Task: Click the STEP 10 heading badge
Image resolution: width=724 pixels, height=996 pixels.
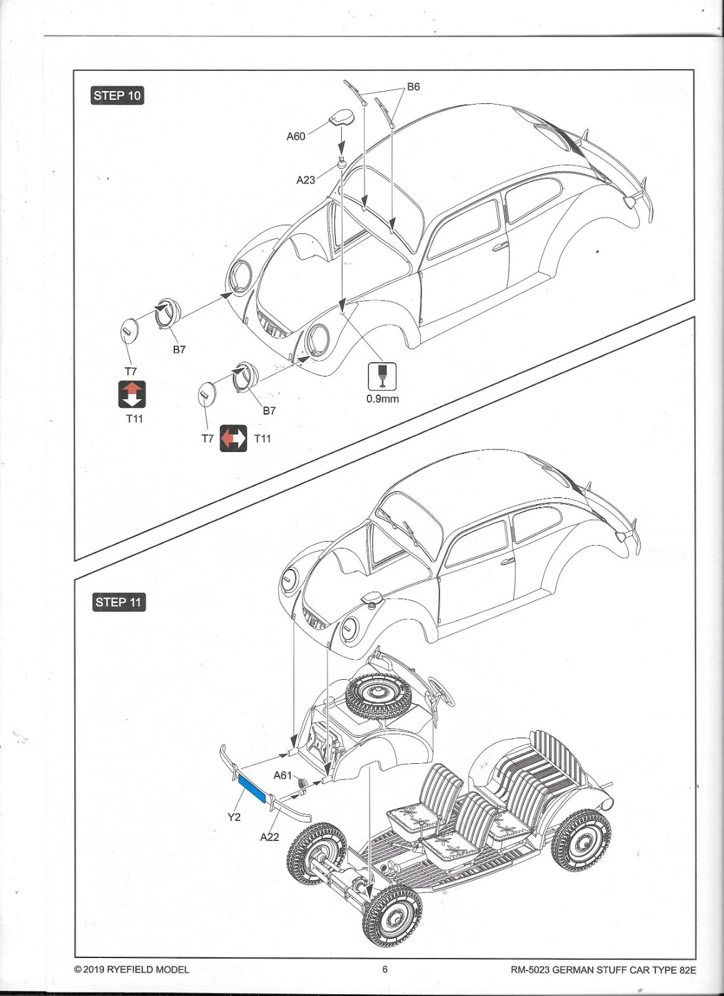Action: pos(117,96)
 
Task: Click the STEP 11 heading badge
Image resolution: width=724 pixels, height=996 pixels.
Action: pos(118,602)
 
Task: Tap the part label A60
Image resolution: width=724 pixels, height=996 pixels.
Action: pos(296,136)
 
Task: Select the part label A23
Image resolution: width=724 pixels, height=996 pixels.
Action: pos(305,180)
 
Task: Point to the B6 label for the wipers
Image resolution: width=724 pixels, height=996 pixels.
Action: pos(413,87)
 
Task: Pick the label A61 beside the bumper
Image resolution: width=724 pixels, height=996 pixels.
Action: pos(283,775)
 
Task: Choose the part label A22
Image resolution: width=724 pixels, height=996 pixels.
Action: pos(270,837)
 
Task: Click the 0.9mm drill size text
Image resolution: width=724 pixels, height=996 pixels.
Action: pos(382,398)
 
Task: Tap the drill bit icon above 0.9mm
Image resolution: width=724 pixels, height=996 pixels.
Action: pos(382,376)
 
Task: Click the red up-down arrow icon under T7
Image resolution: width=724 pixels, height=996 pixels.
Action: pos(132,394)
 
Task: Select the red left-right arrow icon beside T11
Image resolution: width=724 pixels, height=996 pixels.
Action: pos(233,438)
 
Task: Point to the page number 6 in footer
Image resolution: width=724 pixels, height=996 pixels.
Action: pos(385,969)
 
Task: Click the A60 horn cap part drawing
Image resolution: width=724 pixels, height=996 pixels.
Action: pos(342,118)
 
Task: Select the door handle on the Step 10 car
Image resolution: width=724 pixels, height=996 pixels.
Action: pos(500,247)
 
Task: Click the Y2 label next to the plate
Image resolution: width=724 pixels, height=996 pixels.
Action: pos(233,817)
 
